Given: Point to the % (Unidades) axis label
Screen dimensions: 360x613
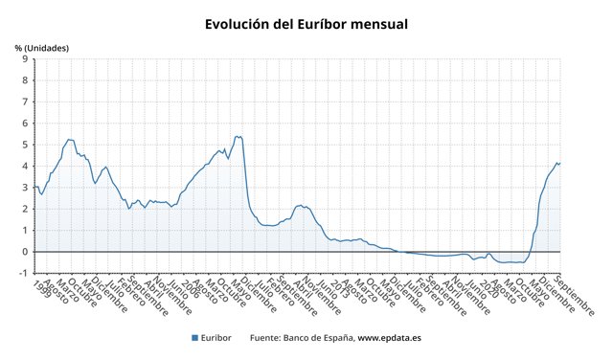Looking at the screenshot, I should tap(42, 47).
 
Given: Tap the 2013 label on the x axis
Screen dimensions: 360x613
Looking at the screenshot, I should tap(336, 288).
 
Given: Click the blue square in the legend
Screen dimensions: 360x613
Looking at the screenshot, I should tap(194, 338).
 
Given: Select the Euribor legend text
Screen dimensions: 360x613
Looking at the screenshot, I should tap(216, 338).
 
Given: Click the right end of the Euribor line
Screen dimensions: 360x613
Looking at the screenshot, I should tap(560, 163).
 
